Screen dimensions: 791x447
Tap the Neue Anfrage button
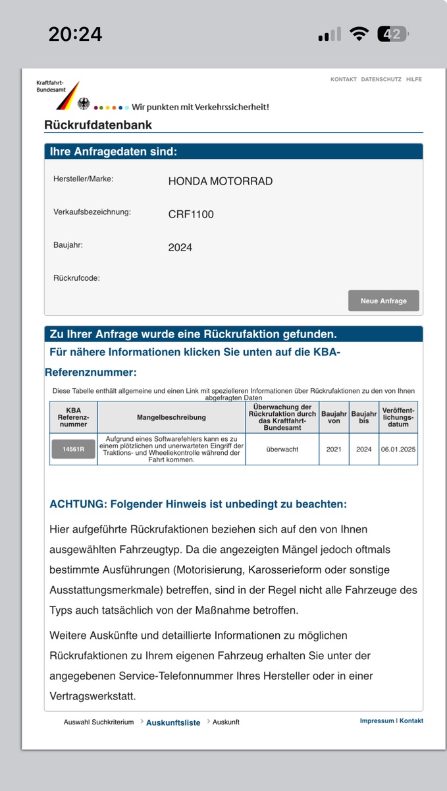(383, 301)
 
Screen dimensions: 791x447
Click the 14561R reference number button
(73, 449)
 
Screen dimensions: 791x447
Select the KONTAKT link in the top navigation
(344, 79)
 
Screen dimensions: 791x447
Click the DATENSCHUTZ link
(381, 79)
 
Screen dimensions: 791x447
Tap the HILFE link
(414, 79)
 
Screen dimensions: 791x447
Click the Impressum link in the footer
(377, 720)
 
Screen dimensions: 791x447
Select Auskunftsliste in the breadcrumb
(173, 722)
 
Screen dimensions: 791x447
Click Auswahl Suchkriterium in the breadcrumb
(99, 722)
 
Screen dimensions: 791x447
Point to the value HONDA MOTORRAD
(220, 181)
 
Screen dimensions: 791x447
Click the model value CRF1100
(191, 214)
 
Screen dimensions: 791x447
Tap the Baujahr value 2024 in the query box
(180, 247)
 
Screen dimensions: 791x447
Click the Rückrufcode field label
(76, 278)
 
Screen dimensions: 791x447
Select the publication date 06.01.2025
(398, 449)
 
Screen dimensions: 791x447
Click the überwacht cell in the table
(282, 449)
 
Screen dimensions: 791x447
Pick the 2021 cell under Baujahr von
(334, 449)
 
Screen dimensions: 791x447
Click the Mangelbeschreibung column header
(171, 417)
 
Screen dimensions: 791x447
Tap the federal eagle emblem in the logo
(84, 103)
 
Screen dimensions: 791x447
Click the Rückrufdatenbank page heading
(98, 125)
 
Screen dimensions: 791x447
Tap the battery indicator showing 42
(393, 34)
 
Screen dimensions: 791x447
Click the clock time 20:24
(75, 34)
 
